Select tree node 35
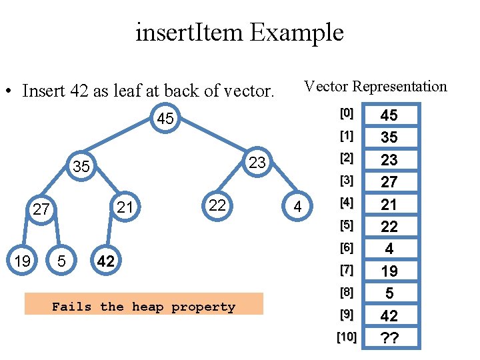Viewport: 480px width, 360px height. pyautogui.click(x=81, y=166)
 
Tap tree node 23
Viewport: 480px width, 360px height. pyautogui.click(x=257, y=163)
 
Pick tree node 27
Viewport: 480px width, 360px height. pyautogui.click(x=42, y=209)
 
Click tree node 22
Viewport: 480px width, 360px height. pyautogui.click(x=217, y=205)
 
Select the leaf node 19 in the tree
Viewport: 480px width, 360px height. pyautogui.click(x=23, y=261)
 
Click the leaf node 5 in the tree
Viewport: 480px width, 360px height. pyautogui.click(x=61, y=261)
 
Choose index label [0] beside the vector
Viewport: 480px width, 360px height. pyautogui.click(x=346, y=113)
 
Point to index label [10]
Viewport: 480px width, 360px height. pyautogui.click(x=346, y=337)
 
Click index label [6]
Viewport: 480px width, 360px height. pyautogui.click(x=346, y=247)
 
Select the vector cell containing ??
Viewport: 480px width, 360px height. pyautogui.click(x=389, y=337)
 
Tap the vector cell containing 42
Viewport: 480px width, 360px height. pyautogui.click(x=389, y=315)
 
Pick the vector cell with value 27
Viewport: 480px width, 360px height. pyautogui.click(x=389, y=182)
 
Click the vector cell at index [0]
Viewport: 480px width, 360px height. pyautogui.click(x=389, y=115)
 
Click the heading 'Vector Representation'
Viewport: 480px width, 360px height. pyautogui.click(x=375, y=86)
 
